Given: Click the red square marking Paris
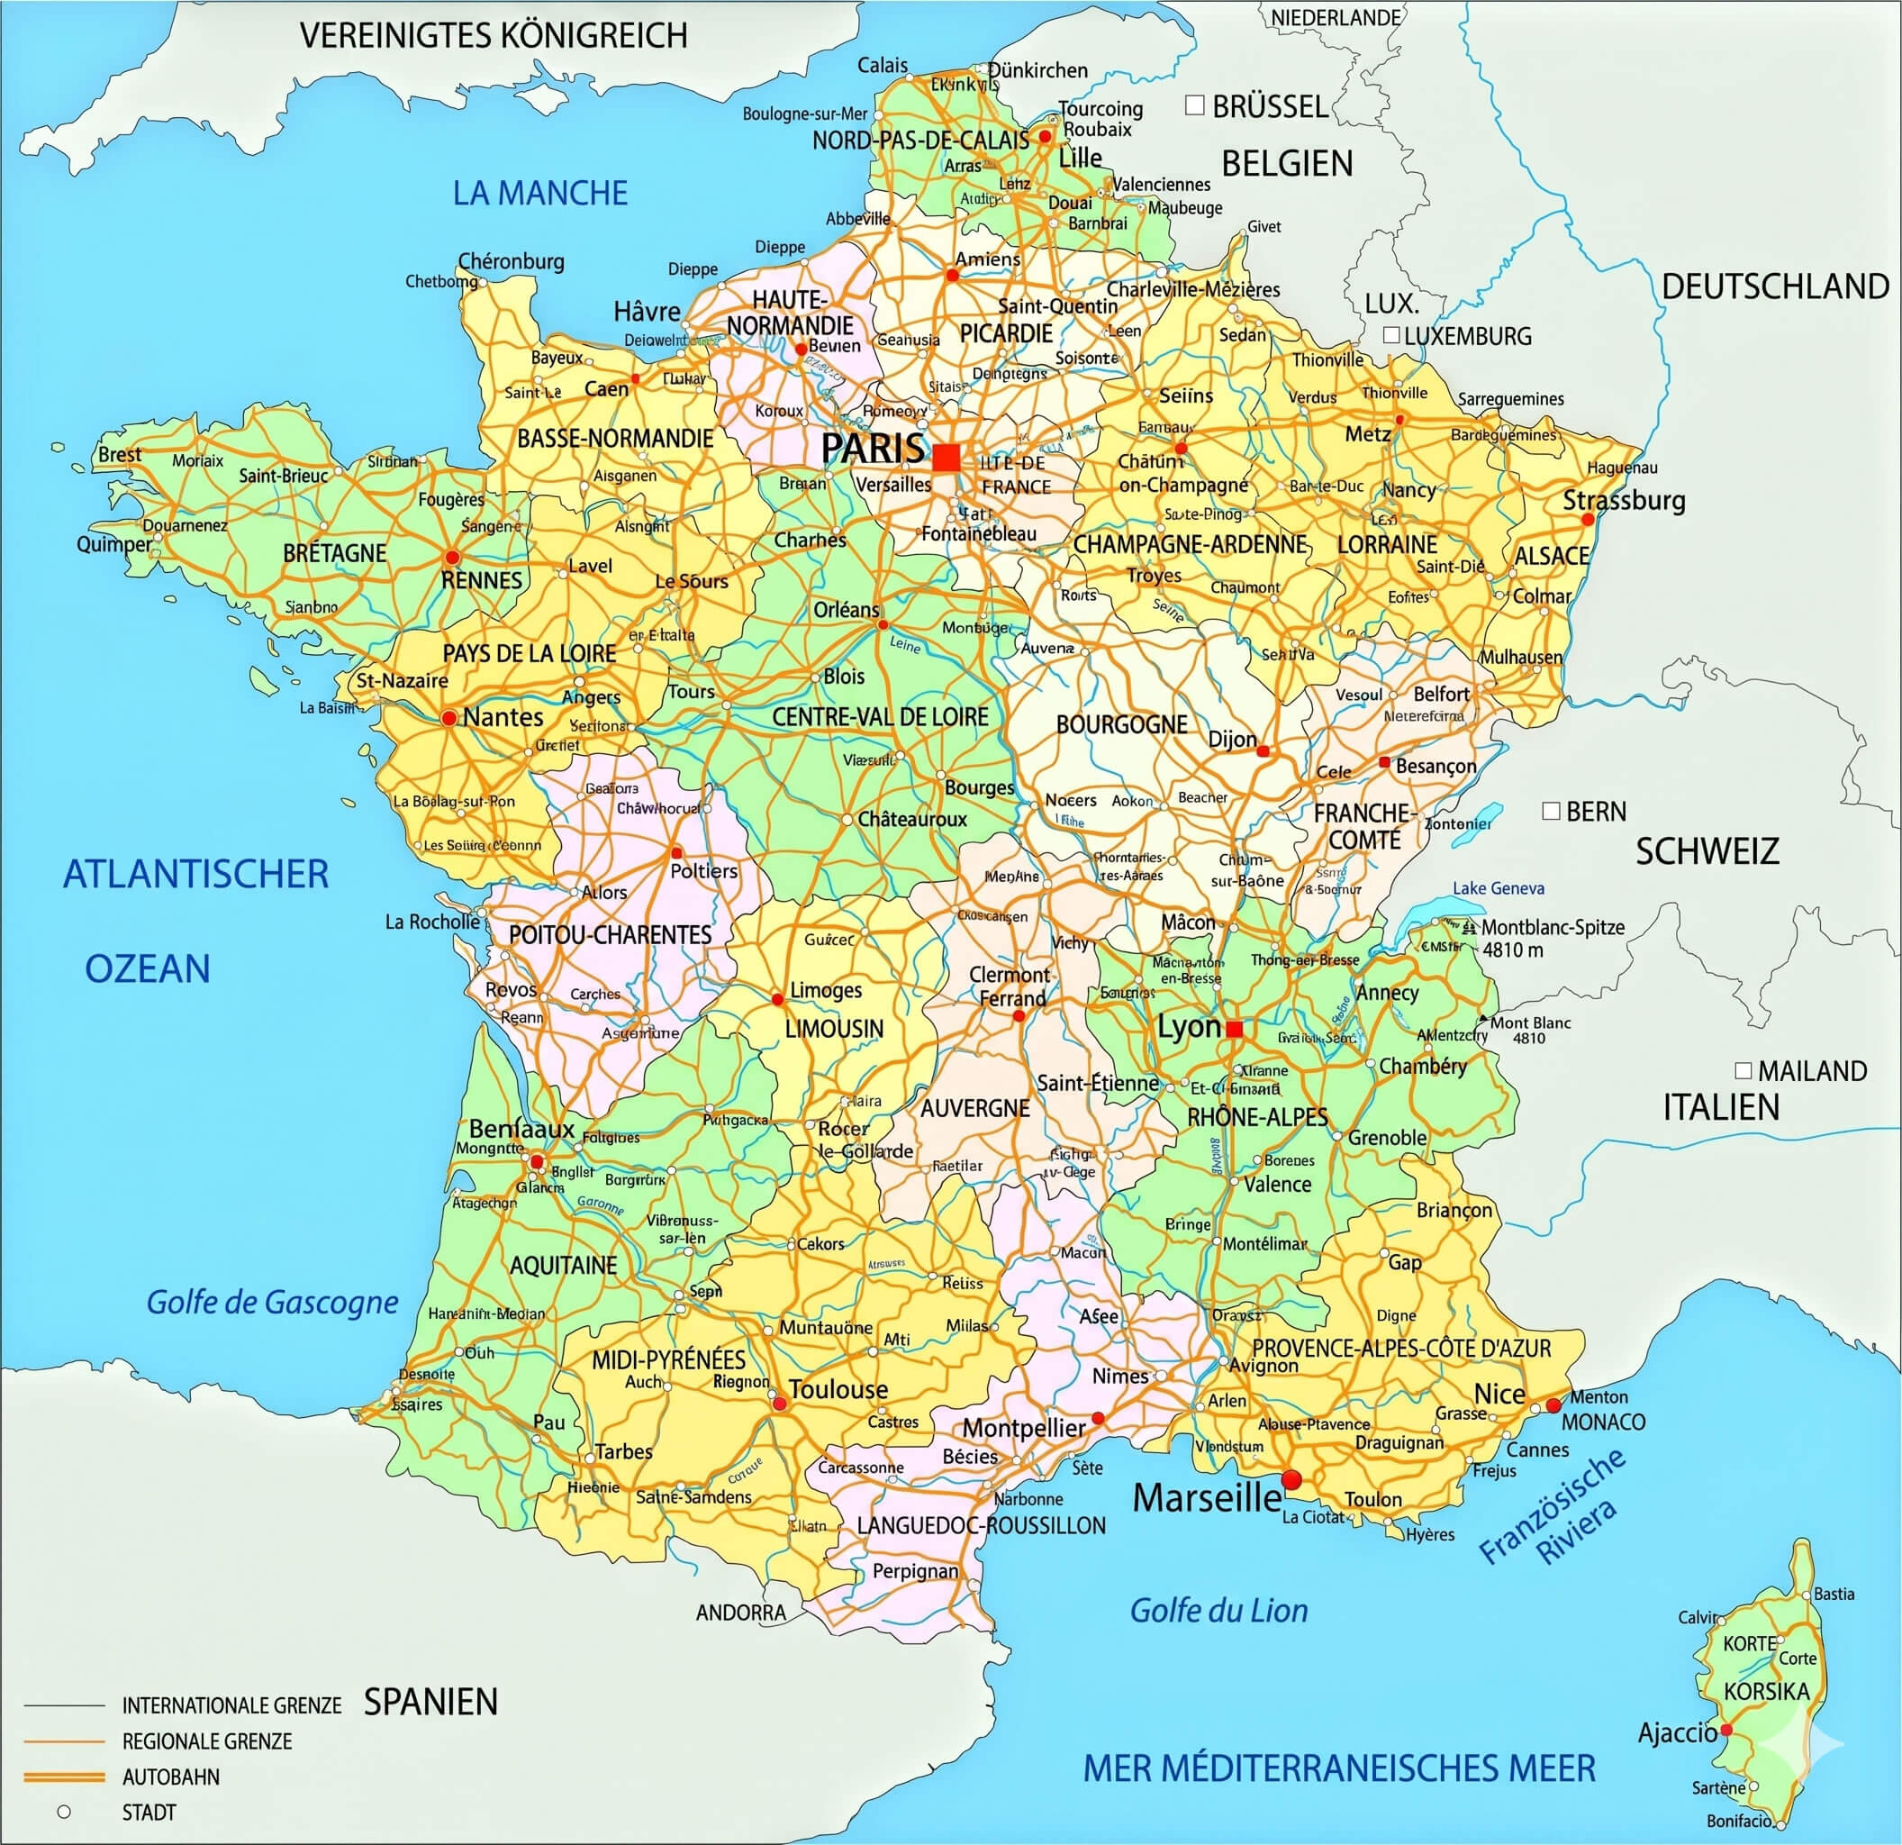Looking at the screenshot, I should (x=946, y=457).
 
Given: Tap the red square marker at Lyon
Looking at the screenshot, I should (x=1234, y=1029).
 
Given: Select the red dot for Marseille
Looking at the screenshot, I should (x=1291, y=1480).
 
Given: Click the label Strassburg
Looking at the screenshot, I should (x=1624, y=501).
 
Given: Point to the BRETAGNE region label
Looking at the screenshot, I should (x=335, y=553).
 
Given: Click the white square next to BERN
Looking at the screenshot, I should (x=1551, y=811).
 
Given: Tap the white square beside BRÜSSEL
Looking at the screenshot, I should (x=1196, y=105).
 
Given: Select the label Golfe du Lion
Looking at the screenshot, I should (x=1218, y=1611).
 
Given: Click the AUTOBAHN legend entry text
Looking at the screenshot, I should (x=171, y=1777).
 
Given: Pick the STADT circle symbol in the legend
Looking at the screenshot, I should (x=64, y=1811).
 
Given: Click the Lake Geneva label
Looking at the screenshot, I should (x=1499, y=888).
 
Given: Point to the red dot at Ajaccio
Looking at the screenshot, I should (x=1726, y=1731).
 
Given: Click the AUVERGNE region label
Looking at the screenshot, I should (x=974, y=1107).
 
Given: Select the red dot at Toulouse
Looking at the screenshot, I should (x=778, y=1404).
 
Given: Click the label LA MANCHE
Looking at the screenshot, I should (x=539, y=193).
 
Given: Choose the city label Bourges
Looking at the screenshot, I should (x=978, y=788).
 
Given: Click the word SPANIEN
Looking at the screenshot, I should (x=430, y=1702).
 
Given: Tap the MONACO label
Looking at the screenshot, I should (x=1603, y=1422).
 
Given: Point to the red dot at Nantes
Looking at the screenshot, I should (x=448, y=718).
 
